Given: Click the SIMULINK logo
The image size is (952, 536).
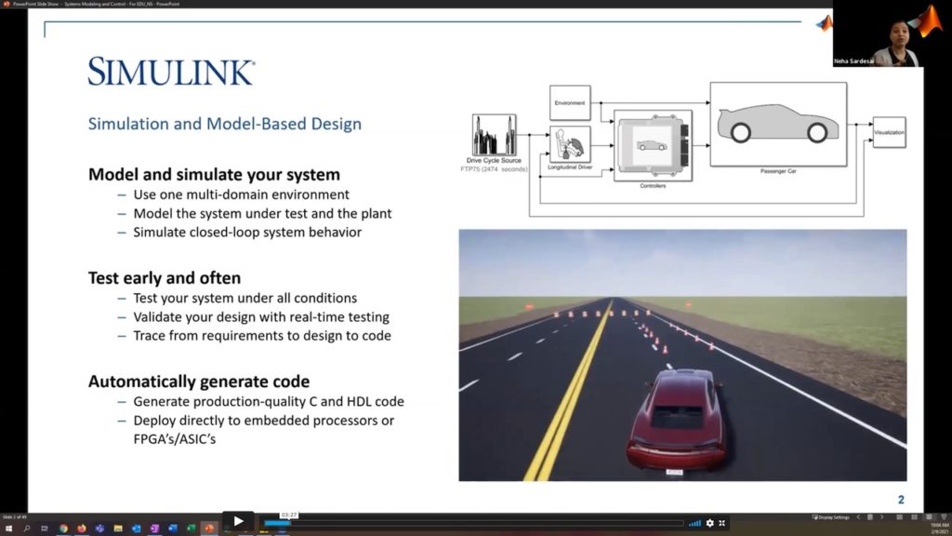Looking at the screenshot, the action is pos(171,72).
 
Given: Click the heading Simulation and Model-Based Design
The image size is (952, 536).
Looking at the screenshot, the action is pos(224,124).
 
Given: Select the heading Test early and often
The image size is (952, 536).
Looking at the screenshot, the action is pos(165,277).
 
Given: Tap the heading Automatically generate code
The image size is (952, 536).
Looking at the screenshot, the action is pos(199,382).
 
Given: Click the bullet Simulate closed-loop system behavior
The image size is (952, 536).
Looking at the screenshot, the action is pos(247,232).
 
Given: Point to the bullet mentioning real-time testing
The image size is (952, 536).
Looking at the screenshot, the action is pos(261,316).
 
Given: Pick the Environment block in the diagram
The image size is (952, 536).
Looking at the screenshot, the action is pos(569,102).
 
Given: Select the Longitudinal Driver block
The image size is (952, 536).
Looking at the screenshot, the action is pos(570,145).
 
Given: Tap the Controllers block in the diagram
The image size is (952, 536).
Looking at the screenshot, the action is pos(652,144).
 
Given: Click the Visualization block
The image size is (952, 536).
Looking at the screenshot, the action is pos(889,133).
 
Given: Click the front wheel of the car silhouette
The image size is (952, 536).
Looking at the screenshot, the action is pos(817,133).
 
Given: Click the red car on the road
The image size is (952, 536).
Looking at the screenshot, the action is pos(677,421).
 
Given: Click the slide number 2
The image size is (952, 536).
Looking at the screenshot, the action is pos(901,500).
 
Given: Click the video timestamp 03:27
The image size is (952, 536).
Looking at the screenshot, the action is pos(288,516).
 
